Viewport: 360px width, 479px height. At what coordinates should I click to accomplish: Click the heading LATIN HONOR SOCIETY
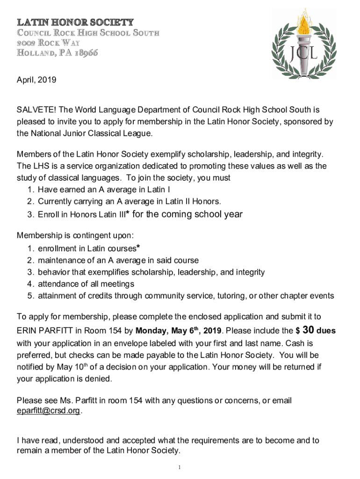[75, 22]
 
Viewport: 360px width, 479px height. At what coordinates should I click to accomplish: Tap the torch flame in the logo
[306, 23]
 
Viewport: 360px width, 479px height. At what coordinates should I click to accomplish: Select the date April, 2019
[36, 80]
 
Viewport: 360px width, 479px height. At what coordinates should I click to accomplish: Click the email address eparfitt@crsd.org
[49, 411]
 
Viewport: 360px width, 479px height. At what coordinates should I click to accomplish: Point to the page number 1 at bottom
[180, 467]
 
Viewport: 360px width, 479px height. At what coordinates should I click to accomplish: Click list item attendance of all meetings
[86, 284]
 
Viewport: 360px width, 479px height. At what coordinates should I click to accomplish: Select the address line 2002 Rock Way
[49, 43]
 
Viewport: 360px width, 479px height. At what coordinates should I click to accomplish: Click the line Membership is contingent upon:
[73, 235]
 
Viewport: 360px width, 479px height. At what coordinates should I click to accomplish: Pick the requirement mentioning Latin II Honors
[129, 202]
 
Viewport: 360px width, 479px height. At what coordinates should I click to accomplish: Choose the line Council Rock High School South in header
[88, 33]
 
